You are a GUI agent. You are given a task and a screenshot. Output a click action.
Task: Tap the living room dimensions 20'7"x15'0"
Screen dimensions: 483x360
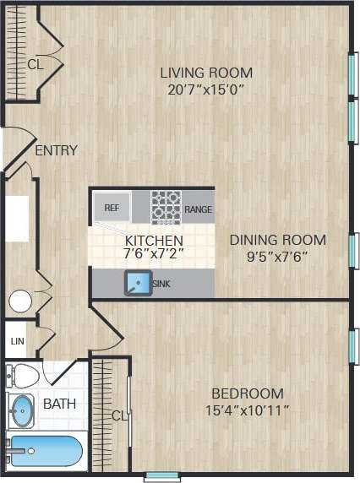pos(206,90)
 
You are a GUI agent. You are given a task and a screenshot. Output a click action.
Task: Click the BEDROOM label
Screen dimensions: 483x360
pos(247,393)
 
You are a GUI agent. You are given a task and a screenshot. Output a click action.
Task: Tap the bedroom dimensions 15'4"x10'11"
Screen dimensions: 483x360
pos(247,411)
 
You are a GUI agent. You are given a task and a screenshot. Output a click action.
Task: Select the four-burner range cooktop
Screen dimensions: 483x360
pos(166,206)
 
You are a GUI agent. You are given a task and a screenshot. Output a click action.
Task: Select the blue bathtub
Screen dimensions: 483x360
pos(44,452)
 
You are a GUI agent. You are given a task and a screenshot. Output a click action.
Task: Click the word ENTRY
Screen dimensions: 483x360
pos(57,151)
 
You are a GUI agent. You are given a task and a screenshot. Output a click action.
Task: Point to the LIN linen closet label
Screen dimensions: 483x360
pos(17,341)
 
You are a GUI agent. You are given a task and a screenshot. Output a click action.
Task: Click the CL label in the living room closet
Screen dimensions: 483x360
pos(35,63)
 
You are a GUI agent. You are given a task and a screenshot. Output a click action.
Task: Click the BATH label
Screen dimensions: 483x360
pos(59,404)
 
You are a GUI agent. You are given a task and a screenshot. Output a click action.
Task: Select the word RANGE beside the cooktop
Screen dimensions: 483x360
pos(198,209)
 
